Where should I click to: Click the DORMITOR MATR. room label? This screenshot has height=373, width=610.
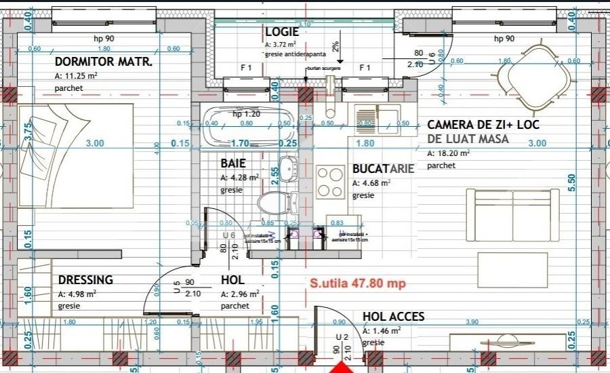104,63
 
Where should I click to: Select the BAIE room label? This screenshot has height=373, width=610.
232,163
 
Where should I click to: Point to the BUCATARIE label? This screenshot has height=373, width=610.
383,169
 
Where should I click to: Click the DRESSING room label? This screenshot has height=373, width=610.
85,280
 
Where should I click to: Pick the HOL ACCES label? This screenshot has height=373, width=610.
393,317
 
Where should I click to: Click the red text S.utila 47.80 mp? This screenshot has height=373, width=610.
357,283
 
